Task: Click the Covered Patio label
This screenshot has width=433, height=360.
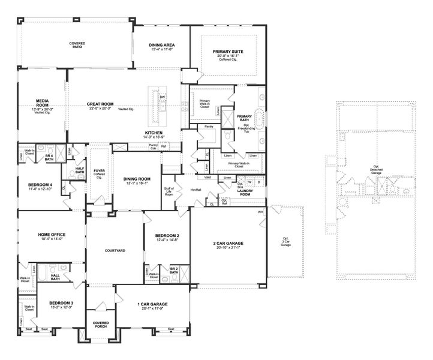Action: tap(76, 45)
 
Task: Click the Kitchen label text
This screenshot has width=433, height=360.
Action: tap(154, 133)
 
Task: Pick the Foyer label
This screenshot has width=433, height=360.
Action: tap(100, 172)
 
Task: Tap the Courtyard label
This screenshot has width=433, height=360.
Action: tap(115, 250)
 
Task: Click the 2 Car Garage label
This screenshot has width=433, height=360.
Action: tap(228, 243)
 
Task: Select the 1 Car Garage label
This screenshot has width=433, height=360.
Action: tap(153, 304)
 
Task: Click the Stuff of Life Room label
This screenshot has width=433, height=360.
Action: tap(169, 193)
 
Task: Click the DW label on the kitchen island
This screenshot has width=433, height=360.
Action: tap(163, 97)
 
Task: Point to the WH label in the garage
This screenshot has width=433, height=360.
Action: tap(260, 212)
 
